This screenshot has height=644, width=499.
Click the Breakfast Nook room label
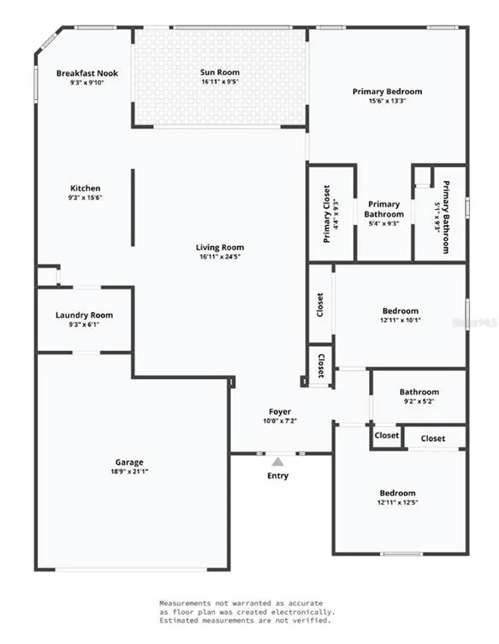point(87,73)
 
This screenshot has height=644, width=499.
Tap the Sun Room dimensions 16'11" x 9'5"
point(220,81)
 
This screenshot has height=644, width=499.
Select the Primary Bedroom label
point(388,91)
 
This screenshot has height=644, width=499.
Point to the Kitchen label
point(85,188)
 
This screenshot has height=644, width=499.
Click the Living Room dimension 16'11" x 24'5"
point(220,256)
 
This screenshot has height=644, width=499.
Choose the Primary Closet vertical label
point(327,213)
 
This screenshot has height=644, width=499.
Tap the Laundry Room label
point(84,315)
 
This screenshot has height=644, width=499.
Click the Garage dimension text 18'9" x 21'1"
point(129,472)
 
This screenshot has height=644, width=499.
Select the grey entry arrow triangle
point(278,462)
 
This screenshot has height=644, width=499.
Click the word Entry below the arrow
point(278,476)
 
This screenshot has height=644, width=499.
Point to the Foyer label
point(280,411)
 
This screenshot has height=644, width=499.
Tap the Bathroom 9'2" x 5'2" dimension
point(419,401)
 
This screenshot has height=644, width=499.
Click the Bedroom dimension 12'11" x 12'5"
point(398,502)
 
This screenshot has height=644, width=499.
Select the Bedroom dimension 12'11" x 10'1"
point(401,320)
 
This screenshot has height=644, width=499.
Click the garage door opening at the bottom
point(131,569)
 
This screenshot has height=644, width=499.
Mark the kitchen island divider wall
point(133,208)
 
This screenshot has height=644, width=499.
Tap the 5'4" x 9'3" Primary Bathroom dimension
point(384,224)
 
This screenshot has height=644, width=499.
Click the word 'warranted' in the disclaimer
point(252,603)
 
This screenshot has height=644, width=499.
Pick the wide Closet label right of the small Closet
point(433,438)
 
